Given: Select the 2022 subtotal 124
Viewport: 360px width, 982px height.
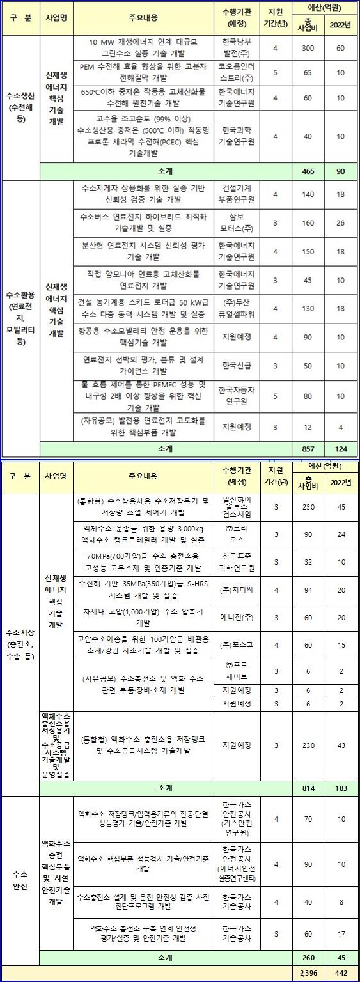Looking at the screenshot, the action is (340, 449).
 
